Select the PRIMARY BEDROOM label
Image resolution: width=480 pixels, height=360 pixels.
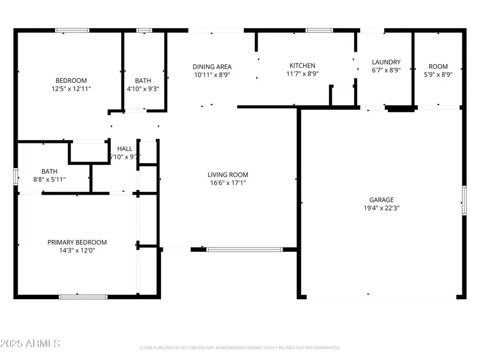tap(77, 242)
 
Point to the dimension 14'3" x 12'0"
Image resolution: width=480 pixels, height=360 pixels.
tap(77, 250)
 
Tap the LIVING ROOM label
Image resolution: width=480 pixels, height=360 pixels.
tap(228, 175)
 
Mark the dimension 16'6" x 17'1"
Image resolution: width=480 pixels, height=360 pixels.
tap(228, 183)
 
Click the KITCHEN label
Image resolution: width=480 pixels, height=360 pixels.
tap(302, 66)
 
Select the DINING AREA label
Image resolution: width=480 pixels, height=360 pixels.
tap(212, 67)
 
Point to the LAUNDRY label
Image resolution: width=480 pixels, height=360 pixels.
tap(386, 62)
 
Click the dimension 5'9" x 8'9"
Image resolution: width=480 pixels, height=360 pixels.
tap(438, 75)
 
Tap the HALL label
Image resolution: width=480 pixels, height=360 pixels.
tap(125, 149)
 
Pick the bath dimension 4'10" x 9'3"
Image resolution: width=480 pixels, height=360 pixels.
tap(142, 89)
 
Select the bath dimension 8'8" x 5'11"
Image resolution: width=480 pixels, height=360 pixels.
tap(50, 180)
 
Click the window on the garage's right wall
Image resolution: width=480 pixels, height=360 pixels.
tap(464, 200)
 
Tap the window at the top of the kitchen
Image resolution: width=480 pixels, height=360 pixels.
tap(319, 30)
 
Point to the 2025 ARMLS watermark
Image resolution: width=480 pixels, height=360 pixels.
tap(30, 343)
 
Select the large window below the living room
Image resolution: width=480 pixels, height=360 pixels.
tap(244, 249)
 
